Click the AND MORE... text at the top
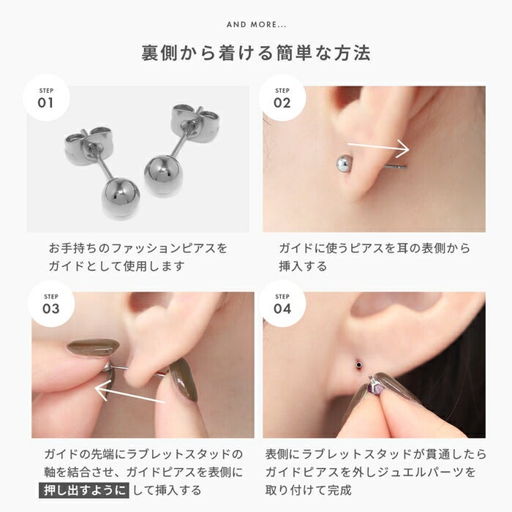(256, 24)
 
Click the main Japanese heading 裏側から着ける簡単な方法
(256, 53)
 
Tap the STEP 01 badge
(46, 98)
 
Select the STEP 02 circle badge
(282, 98)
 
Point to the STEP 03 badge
(51, 304)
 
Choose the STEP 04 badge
(282, 304)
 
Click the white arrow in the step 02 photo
(378, 146)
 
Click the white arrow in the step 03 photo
(130, 394)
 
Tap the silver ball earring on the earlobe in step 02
(345, 163)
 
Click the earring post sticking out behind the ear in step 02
(396, 167)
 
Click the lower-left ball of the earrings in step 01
(121, 197)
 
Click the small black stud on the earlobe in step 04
(359, 364)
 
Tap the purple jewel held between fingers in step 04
(374, 389)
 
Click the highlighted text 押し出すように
(84, 491)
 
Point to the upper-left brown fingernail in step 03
(93, 347)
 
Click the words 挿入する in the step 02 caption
(303, 266)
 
